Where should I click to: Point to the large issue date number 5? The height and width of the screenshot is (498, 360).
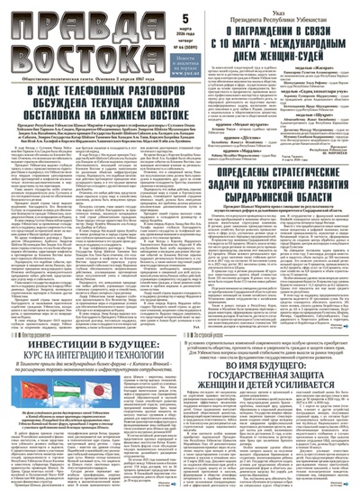point(184,15)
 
